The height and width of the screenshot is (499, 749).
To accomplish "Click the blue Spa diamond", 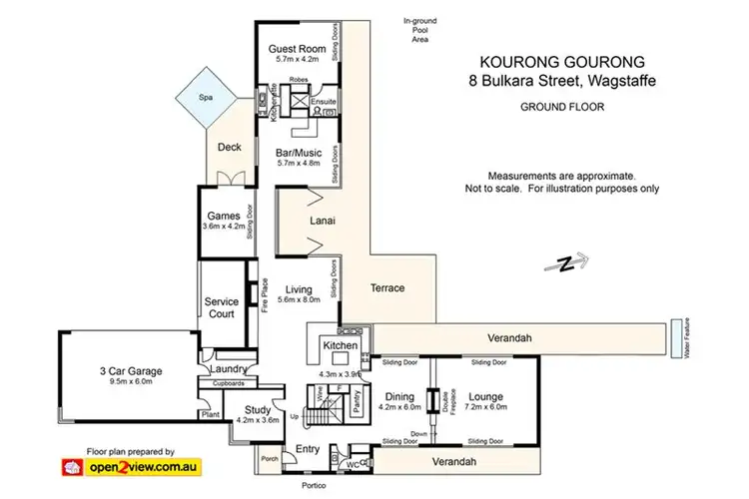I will click(207, 98).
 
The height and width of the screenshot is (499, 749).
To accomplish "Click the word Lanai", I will click(322, 221).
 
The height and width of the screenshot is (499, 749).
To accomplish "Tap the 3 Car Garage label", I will click(131, 371).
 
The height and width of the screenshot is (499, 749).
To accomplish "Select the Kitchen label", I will click(334, 345).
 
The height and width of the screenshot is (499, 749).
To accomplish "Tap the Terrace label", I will click(386, 288).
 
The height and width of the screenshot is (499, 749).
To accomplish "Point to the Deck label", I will click(229, 147).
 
